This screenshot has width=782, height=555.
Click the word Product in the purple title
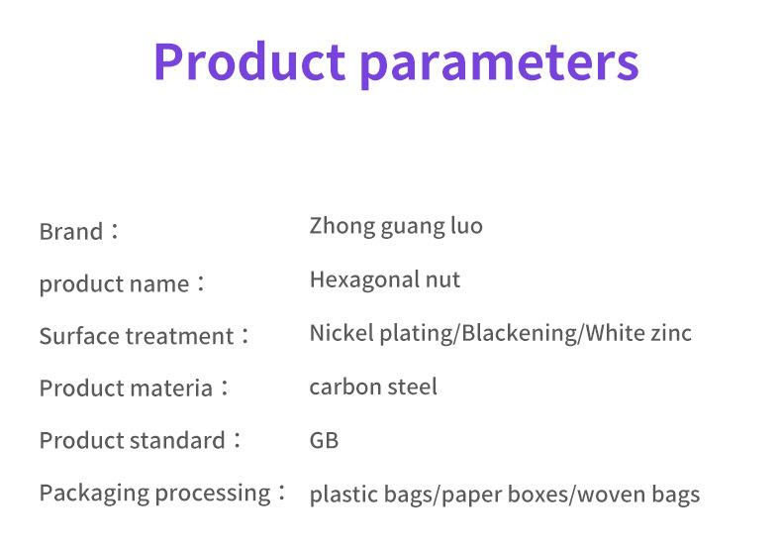[x=249, y=61]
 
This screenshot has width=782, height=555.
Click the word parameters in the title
[x=499, y=65]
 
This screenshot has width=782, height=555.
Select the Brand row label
[x=71, y=231]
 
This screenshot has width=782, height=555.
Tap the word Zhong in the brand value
[x=342, y=226]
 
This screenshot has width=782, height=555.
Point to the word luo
[x=466, y=225]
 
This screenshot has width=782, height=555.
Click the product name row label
[x=114, y=284]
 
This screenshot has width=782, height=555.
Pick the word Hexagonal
[x=364, y=280]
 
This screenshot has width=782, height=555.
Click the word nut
[x=442, y=280]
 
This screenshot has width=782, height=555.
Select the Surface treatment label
[x=137, y=336]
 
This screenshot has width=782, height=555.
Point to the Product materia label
[x=126, y=388]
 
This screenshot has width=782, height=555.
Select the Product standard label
[x=133, y=441]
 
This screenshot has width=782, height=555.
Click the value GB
[x=324, y=441]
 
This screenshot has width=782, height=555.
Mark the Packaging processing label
[x=155, y=494]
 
